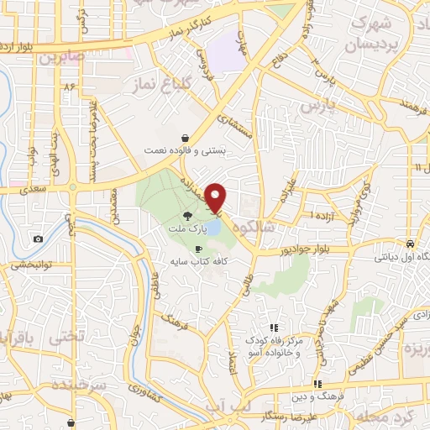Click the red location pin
point(217,197)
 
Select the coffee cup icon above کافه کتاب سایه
point(198,249)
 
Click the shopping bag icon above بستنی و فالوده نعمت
point(184,139)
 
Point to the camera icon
point(39,239)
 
